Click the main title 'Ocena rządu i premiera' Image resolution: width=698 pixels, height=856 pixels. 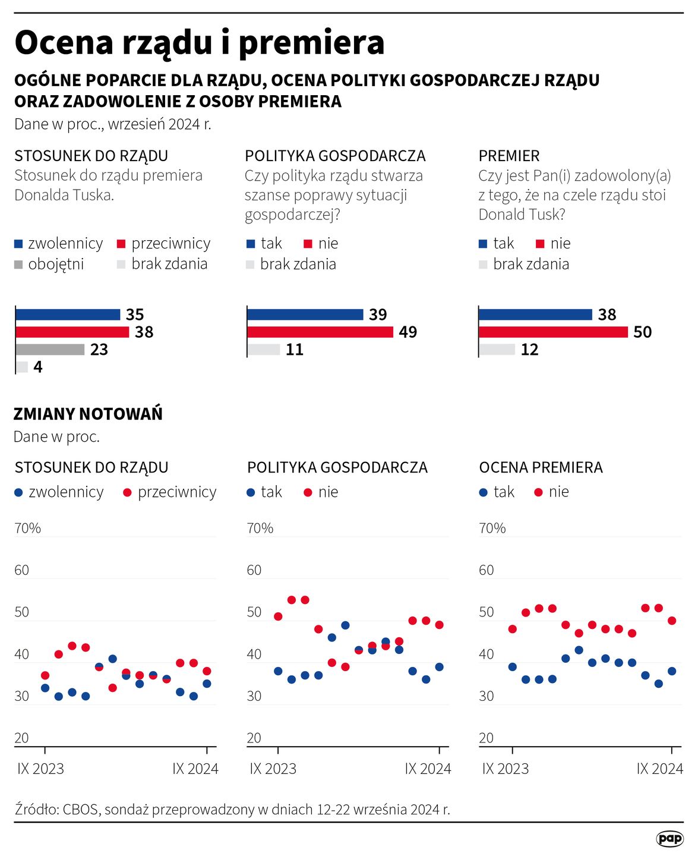pyautogui.click(x=199, y=43)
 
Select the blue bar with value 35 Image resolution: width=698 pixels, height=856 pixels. pyautogui.click(x=68, y=314)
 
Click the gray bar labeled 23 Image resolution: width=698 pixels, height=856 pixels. pyautogui.click(x=50, y=350)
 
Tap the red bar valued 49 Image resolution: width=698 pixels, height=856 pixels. pyautogui.click(x=320, y=332)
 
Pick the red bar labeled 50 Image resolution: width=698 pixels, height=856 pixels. pyautogui.click(x=552, y=332)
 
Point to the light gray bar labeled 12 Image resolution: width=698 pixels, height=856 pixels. pyautogui.click(x=497, y=350)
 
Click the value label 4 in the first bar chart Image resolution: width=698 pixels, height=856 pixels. pyautogui.click(x=38, y=367)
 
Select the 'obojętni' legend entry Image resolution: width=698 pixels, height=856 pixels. pyautogui.click(x=56, y=264)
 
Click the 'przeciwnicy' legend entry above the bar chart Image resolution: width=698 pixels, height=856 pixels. pyautogui.click(x=170, y=244)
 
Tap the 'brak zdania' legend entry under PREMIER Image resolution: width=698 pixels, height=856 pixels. pyautogui.click(x=530, y=264)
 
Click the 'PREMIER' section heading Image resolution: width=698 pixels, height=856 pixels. pyautogui.click(x=509, y=156)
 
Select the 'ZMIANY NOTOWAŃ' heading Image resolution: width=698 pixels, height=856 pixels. pyautogui.click(x=88, y=414)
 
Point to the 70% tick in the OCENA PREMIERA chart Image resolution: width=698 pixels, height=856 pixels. pyautogui.click(x=492, y=528)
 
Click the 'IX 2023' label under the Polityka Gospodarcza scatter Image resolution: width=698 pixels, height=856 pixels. pyautogui.click(x=273, y=769)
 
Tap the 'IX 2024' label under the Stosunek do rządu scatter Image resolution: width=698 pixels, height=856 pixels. pyautogui.click(x=195, y=769)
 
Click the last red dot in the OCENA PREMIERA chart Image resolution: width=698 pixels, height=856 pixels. pyautogui.click(x=672, y=621)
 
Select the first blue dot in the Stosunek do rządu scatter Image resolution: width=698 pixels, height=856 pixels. pyautogui.click(x=45, y=688)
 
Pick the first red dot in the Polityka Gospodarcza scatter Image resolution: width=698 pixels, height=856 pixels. pyautogui.click(x=278, y=616)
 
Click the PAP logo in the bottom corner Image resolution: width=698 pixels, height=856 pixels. pyautogui.click(x=669, y=838)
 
